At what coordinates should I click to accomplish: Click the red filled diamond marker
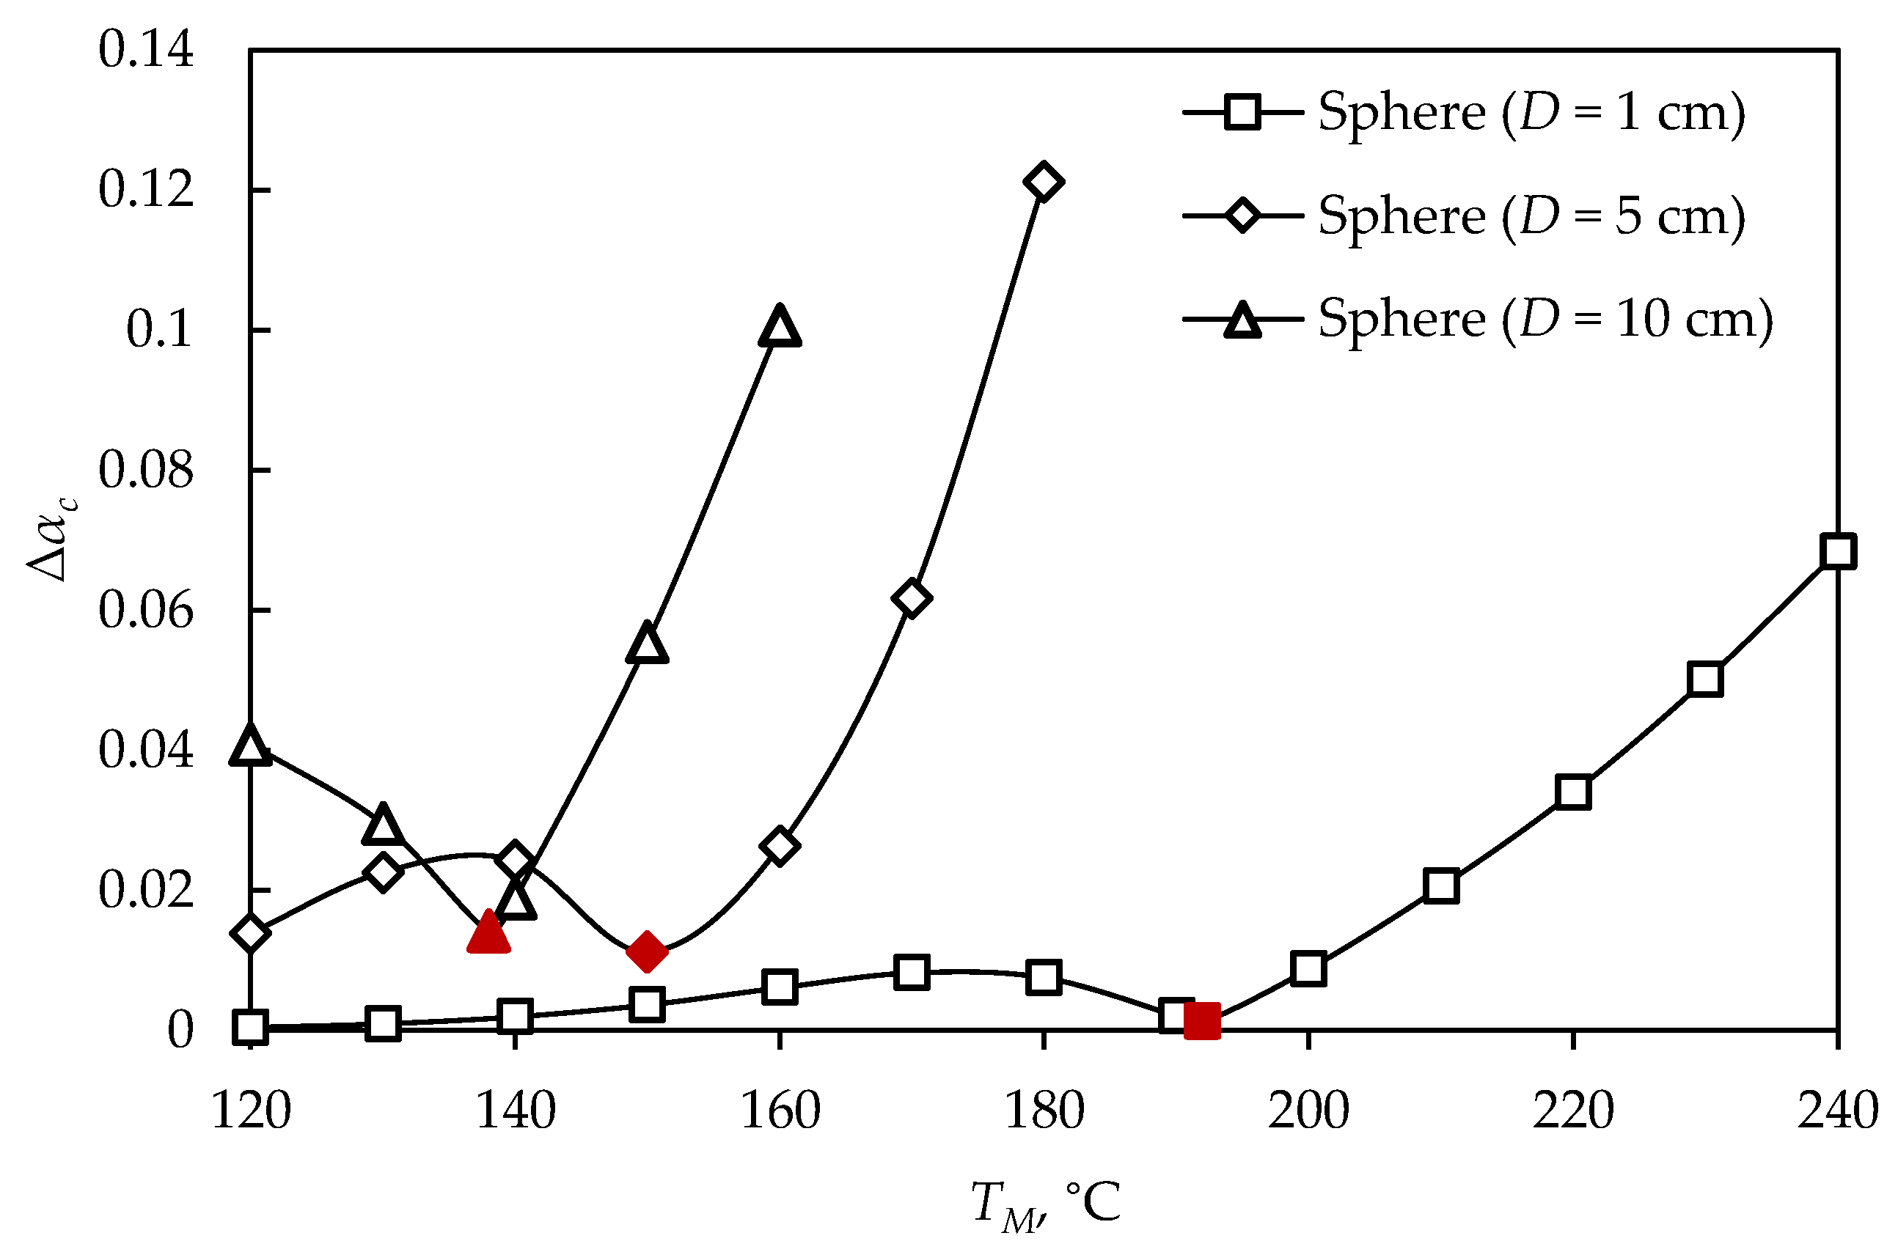click(646, 951)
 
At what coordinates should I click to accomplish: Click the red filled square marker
click(1201, 1021)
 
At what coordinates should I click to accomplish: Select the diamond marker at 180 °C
click(1042, 182)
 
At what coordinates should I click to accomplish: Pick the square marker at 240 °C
click(1837, 551)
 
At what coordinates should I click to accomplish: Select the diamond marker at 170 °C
click(912, 598)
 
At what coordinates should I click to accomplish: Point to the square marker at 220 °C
click(1573, 792)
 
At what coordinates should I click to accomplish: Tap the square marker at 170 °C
click(912, 973)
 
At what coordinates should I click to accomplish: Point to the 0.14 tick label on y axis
click(145, 50)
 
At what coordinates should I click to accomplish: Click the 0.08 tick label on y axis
click(145, 471)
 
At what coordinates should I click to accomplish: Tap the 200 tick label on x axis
click(1308, 1111)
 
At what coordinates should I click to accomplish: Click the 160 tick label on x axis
click(779, 1111)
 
